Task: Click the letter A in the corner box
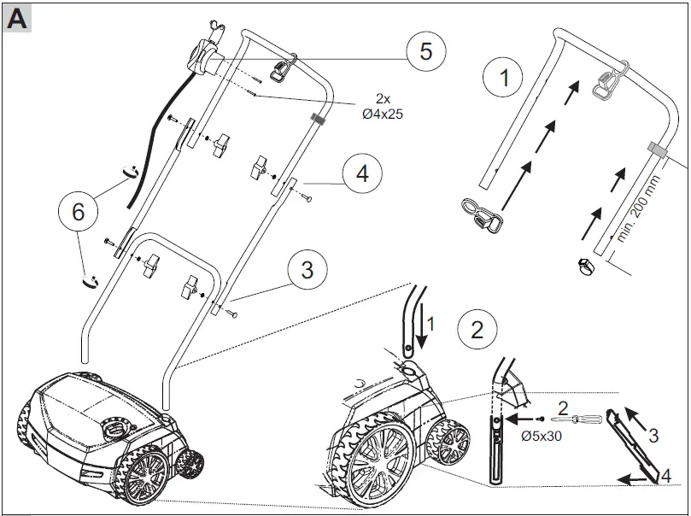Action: pos(17,19)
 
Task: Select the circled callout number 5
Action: pos(425,51)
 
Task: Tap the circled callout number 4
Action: pos(362,174)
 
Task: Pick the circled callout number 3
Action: pos(307,271)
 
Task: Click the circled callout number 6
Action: pos(78,211)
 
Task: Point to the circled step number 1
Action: pos(504,79)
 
